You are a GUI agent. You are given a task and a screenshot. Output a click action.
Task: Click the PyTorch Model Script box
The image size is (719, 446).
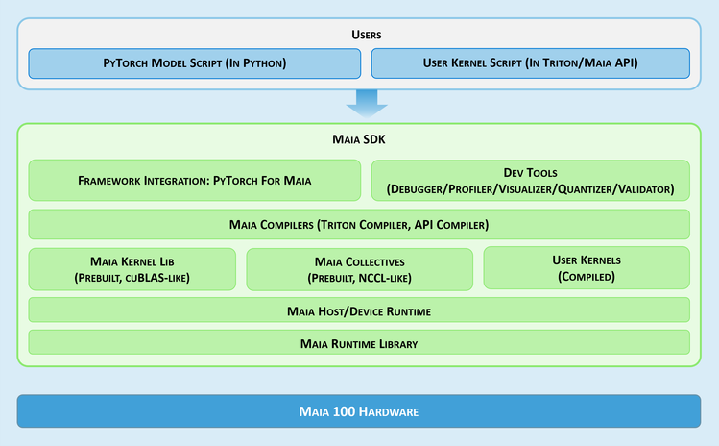click(x=195, y=63)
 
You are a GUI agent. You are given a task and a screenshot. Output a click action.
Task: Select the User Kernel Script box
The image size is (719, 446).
click(x=530, y=63)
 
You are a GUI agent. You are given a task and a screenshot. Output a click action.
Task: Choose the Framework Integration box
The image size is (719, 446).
click(x=195, y=180)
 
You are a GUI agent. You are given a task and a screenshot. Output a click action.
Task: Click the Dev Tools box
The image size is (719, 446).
click(x=530, y=180)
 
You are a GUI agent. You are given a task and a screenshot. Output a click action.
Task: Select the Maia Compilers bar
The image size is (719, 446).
click(x=359, y=224)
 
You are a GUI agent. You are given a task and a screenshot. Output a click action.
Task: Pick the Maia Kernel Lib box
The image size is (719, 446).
click(x=132, y=269)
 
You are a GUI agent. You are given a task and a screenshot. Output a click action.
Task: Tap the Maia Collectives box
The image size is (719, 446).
click(x=359, y=269)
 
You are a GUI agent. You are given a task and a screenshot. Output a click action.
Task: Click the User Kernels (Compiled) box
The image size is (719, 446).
click(x=587, y=268)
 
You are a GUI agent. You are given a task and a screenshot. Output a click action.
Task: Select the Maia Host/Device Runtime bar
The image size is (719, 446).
click(x=359, y=310)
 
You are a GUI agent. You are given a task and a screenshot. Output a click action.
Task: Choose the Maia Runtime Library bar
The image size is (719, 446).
click(x=359, y=342)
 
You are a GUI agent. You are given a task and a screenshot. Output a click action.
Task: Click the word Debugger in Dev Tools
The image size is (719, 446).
click(x=419, y=189)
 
